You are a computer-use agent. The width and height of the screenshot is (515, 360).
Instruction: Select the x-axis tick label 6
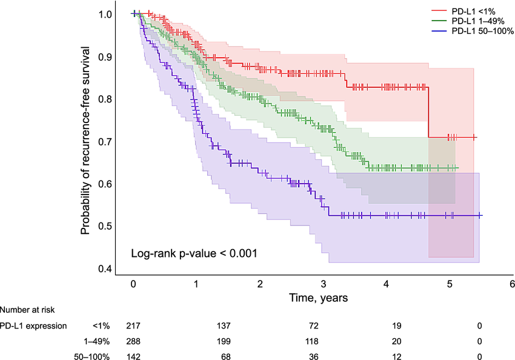[512, 284]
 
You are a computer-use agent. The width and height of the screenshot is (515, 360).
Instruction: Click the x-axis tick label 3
[322, 284]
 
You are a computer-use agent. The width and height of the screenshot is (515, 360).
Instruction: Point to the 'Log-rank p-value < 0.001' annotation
[194, 253]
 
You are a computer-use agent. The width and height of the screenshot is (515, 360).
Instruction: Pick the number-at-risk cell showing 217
[133, 326]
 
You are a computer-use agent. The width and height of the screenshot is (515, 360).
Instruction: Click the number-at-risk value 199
[228, 341]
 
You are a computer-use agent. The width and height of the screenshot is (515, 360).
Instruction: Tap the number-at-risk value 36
[322, 355]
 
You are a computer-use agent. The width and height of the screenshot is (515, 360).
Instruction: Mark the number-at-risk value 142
[133, 355]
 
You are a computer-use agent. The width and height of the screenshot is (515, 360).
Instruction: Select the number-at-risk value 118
[322, 341]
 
